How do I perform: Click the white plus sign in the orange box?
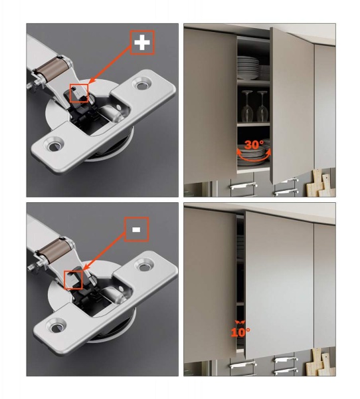142,43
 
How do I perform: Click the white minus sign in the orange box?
136,229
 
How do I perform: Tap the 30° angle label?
254,144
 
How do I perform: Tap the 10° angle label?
240,332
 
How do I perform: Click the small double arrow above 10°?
240,322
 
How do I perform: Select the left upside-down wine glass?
246,106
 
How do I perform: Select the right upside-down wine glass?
262,106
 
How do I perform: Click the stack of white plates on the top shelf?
248,68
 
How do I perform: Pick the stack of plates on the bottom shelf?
252,155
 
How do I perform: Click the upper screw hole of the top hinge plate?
141,85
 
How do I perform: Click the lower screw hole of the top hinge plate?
54,146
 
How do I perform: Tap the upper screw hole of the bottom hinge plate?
144,267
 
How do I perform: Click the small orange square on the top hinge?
79,93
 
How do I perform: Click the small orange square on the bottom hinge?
73,280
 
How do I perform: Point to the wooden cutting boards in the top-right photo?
321,184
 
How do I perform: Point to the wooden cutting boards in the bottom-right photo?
321,362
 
